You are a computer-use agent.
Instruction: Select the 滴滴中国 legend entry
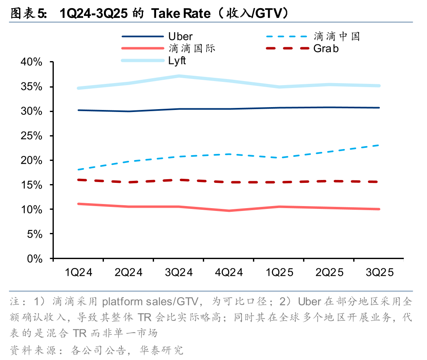337,37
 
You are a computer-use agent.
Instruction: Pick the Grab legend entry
326,48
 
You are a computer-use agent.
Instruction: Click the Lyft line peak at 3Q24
178,76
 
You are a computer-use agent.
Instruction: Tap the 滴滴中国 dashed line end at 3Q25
379,145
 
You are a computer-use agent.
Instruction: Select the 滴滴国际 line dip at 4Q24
229,211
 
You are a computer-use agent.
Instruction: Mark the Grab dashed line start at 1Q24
79,180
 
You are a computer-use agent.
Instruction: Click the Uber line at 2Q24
129,111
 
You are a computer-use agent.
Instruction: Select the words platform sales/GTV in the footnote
150,302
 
